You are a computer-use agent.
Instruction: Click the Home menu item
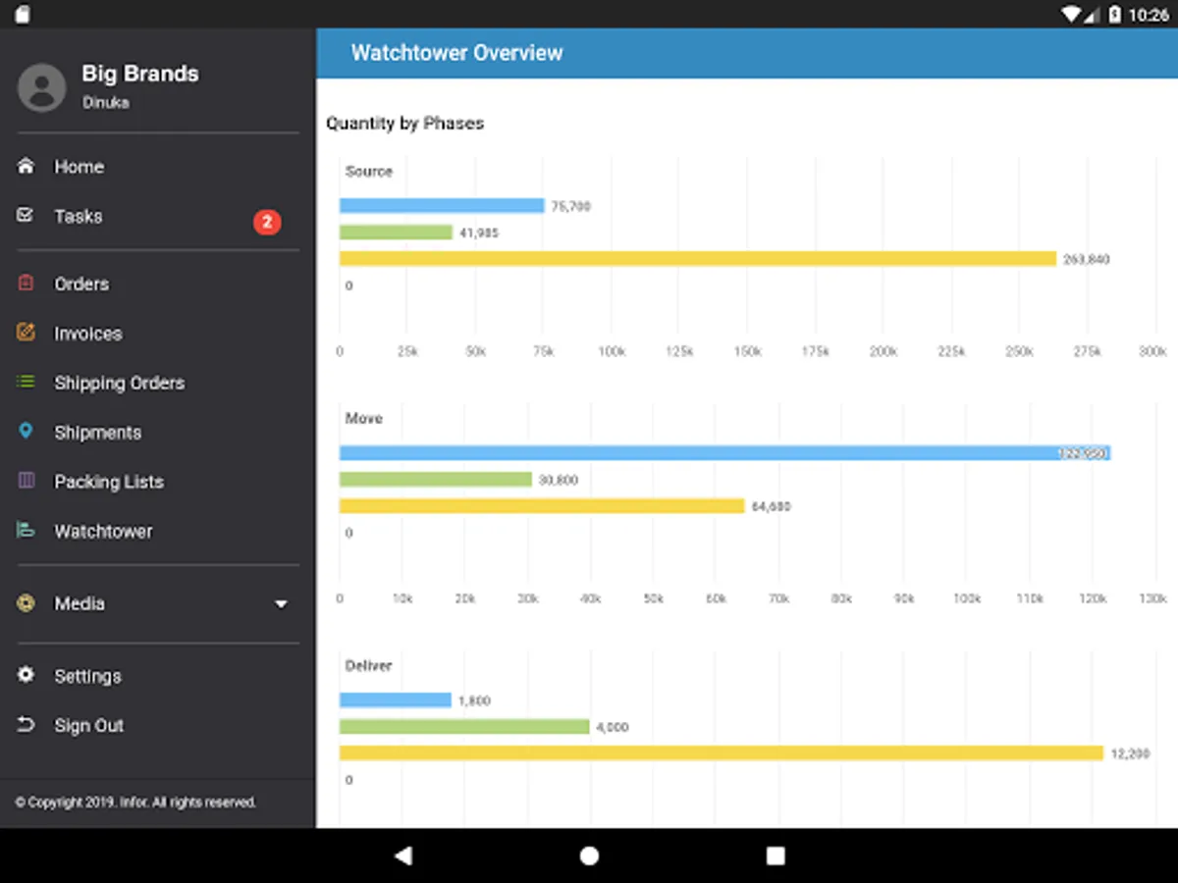click(79, 167)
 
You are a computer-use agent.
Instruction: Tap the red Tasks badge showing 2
click(267, 222)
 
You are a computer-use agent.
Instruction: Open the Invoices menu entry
click(87, 334)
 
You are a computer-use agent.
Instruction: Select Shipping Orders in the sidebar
click(119, 383)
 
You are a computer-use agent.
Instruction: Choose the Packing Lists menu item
click(108, 482)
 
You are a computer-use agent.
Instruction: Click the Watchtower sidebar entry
click(103, 531)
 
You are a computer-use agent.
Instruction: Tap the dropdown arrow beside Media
click(281, 604)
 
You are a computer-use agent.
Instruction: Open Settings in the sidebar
click(87, 676)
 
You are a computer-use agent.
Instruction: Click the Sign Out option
click(88, 725)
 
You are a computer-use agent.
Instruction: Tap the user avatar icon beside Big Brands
click(42, 87)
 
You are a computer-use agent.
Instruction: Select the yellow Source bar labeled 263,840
click(697, 259)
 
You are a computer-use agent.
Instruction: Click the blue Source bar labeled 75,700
click(442, 206)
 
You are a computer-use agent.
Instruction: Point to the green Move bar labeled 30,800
click(436, 480)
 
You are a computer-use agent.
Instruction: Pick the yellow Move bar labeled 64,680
click(542, 506)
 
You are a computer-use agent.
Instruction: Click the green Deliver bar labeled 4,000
click(464, 727)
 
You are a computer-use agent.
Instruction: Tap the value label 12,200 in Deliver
click(1130, 753)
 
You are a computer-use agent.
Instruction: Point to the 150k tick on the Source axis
click(747, 351)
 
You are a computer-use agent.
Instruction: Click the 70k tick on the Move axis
click(778, 598)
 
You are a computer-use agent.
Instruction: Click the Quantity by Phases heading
click(404, 124)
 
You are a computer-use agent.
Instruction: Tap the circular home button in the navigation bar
click(589, 856)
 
